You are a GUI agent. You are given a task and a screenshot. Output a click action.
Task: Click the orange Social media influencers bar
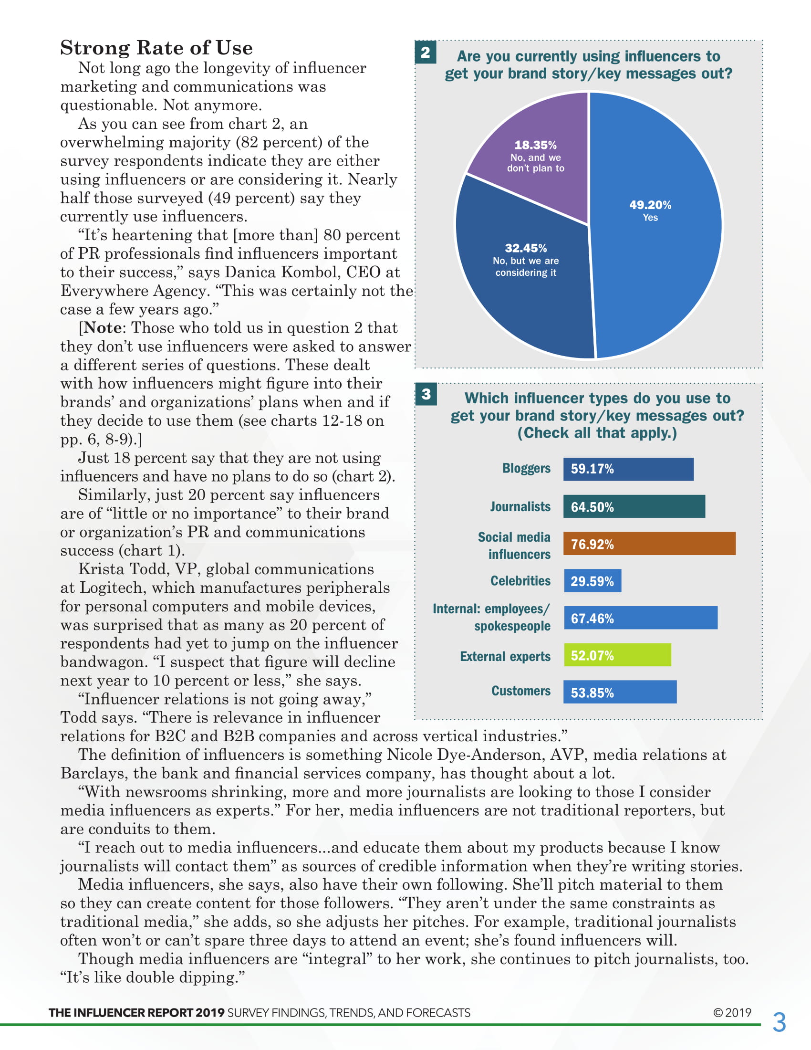pos(649,544)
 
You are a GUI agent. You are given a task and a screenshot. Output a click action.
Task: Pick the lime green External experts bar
pos(617,655)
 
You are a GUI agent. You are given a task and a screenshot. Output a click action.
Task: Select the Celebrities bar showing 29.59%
pos(592,581)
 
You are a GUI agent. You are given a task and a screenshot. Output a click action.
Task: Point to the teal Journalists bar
pos(634,507)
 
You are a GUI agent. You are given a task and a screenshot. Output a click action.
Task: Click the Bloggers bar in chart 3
pos(628,469)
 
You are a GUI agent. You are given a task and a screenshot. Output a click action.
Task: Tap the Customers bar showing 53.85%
pos(620,693)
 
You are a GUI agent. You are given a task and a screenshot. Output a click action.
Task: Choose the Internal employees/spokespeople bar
pos(640,618)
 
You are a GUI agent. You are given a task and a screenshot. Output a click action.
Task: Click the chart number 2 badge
pos(425,52)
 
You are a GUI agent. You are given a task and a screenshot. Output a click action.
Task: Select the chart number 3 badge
pos(426,394)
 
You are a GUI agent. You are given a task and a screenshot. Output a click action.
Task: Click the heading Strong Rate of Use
pos(156,48)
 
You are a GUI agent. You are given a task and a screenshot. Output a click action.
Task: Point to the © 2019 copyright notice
pos(732,1012)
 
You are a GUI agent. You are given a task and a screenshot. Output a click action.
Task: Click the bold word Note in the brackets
pos(103,328)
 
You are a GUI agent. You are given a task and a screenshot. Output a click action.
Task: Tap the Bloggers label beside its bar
pos(526,468)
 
